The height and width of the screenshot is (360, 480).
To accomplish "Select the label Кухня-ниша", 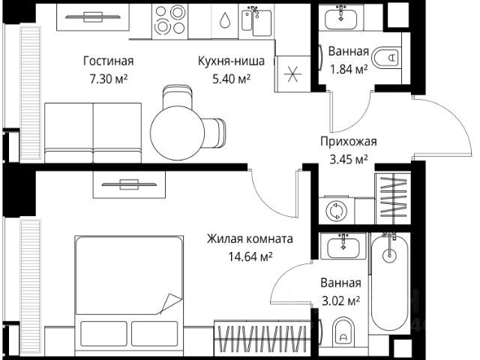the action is [224, 61].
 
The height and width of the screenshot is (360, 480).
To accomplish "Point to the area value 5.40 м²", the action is [224, 78].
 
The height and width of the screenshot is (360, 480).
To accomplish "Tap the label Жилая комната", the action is [250, 239].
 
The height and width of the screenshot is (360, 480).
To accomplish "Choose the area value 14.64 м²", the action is [250, 256].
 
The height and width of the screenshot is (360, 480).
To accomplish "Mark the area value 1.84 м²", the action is [348, 70].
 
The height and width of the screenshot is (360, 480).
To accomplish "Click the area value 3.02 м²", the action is [340, 301].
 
